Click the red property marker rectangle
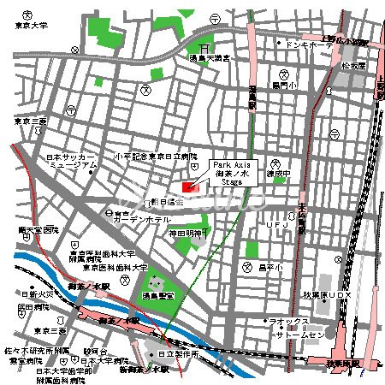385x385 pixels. pyautogui.click(x=190, y=186)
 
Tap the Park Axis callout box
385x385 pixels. pyautogui.click(x=232, y=171)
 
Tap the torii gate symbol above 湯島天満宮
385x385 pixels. pyautogui.click(x=205, y=48)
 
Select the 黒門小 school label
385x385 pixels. pyautogui.click(x=285, y=86)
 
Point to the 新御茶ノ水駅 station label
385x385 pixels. pyautogui.click(x=144, y=370)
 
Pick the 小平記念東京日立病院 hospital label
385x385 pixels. pyautogui.click(x=155, y=157)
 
